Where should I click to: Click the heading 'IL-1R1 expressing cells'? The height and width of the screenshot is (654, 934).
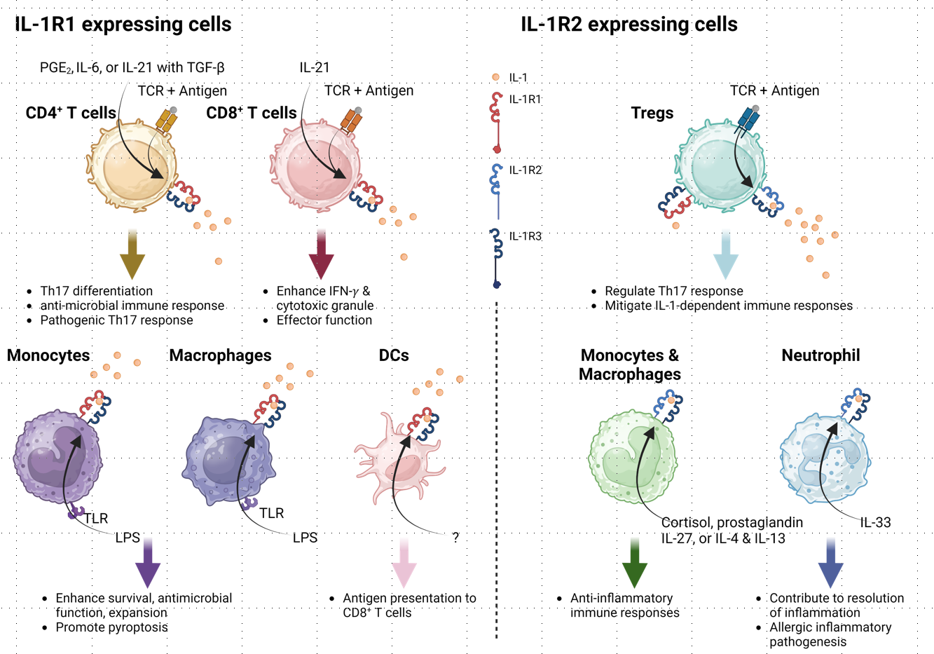[x=123, y=25]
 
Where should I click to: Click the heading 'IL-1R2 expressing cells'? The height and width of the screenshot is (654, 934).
[x=629, y=25]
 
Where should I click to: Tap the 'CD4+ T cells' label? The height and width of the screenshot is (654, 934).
[x=71, y=113]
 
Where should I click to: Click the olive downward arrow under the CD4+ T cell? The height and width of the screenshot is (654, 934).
[x=132, y=254]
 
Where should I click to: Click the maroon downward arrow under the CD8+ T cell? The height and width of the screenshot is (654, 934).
[x=322, y=254]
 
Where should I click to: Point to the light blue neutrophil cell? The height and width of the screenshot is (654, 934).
[x=824, y=459]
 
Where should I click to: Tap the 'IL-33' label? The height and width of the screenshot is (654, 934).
[x=875, y=522]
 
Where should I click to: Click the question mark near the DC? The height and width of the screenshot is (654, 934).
[x=455, y=538]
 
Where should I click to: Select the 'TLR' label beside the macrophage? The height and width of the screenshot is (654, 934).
[x=271, y=514]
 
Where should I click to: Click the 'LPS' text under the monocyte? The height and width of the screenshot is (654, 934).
[x=128, y=538]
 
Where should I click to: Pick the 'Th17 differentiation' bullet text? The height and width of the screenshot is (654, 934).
[x=96, y=291]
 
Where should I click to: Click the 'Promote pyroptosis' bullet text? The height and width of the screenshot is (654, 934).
[x=111, y=627]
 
